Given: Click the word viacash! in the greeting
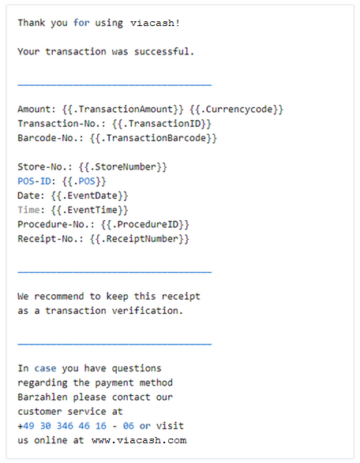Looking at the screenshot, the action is click(156, 23).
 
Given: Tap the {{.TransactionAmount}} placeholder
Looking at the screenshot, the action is click(123, 110).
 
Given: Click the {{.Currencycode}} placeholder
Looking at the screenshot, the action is click(237, 110).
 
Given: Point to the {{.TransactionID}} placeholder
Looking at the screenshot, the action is click(162, 124).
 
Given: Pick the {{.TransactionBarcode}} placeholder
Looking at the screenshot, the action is click(153, 138).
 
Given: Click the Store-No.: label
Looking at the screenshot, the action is click(45, 167).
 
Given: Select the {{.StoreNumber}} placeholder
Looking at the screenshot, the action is click(123, 167).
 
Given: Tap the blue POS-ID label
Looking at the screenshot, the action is click(34, 181).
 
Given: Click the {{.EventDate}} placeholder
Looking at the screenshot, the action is click(89, 196).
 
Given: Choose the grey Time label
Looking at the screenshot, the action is click(28, 210).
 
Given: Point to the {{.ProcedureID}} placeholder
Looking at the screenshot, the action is click(144, 225).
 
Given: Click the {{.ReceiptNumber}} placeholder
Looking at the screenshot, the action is click(140, 239).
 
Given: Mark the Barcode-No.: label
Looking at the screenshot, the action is click(51, 138).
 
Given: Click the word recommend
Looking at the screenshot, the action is click(59, 297).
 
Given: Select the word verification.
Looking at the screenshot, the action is click(144, 311).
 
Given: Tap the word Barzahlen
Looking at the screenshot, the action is click(43, 398).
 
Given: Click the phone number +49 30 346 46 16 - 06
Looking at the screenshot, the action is click(76, 426).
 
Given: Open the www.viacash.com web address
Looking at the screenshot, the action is click(139, 441).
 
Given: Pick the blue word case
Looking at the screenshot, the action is click(45, 368).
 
